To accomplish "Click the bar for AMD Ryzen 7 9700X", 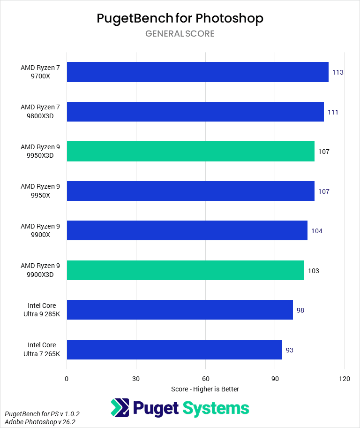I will (x=197, y=72).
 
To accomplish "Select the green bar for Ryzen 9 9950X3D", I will (x=190, y=152).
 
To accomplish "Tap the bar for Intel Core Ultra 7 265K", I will (x=174, y=350).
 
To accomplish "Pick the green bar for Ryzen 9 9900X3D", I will (x=185, y=270).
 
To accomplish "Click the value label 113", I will (x=338, y=73).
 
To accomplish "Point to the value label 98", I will (x=300, y=310).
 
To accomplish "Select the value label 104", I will (x=317, y=231).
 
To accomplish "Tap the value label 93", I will (x=290, y=350).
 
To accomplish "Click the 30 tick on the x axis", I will (x=136, y=379).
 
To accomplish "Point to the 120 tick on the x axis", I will (x=345, y=379).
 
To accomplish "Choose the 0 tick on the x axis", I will (x=67, y=379).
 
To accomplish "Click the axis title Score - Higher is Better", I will (x=205, y=389).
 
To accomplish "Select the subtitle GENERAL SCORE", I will (x=180, y=34).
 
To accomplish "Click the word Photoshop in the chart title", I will (x=229, y=18).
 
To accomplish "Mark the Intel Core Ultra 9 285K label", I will (x=44, y=310).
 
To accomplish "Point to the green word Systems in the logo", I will (x=216, y=408).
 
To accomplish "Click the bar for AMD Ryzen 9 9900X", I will (x=187, y=231).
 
